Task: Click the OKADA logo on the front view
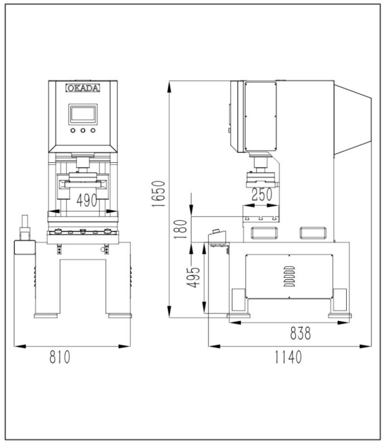pyautogui.click(x=83, y=89)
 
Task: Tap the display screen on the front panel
pyautogui.click(x=83, y=114)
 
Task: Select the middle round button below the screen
pyautogui.click(x=83, y=131)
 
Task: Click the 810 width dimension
pyautogui.click(x=60, y=357)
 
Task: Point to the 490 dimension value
pyautogui.click(x=87, y=201)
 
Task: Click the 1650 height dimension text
pyautogui.click(x=158, y=194)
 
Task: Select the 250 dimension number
pyautogui.click(x=262, y=194)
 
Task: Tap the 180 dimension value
pyautogui.click(x=181, y=229)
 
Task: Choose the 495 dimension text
pyautogui.click(x=193, y=277)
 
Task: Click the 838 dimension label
pyautogui.click(x=300, y=333)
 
